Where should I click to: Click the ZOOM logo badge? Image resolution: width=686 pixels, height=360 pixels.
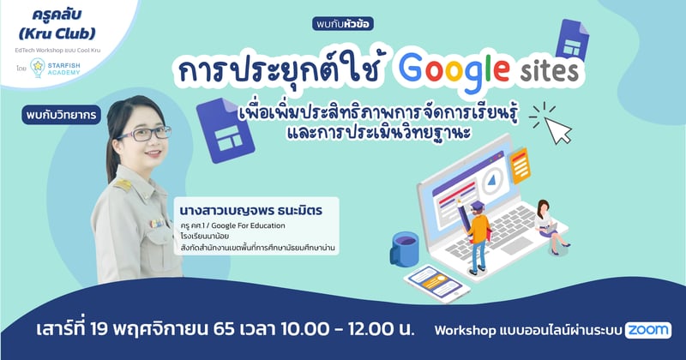(x=648, y=330)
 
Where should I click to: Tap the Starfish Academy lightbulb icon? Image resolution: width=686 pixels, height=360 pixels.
(x=38, y=68)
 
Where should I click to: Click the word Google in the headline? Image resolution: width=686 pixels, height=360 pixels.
(x=454, y=70)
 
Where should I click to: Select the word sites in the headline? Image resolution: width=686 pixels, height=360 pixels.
(x=550, y=71)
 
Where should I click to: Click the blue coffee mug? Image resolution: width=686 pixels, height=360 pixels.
(x=404, y=248)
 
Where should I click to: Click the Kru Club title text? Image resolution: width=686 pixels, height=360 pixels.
(x=57, y=24)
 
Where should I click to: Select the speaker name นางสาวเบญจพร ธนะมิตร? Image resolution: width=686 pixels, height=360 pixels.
(x=250, y=211)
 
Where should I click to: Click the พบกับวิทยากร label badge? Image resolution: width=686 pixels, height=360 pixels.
(x=61, y=116)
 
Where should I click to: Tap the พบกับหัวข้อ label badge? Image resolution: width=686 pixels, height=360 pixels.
(x=343, y=24)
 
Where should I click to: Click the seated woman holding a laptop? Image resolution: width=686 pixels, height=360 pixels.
(x=550, y=226)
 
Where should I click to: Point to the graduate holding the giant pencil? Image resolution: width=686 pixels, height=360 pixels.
(x=477, y=237)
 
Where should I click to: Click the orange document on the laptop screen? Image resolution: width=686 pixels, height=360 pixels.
(x=521, y=165)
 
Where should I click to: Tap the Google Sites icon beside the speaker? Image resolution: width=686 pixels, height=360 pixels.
(x=226, y=130)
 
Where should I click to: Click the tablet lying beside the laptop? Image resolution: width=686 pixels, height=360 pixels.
(x=437, y=284)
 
